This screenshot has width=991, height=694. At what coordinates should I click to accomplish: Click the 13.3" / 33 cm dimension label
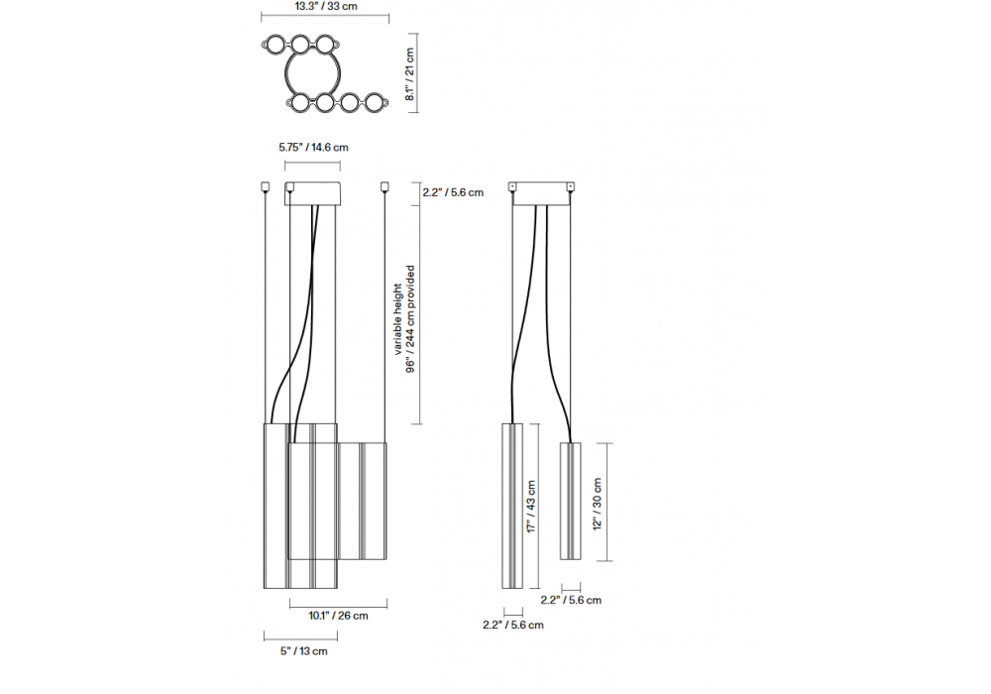pos(325,6)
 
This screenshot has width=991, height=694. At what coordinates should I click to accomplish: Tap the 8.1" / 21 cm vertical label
pos(409,74)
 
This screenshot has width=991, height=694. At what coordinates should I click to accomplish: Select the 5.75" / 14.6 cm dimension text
pos(313,148)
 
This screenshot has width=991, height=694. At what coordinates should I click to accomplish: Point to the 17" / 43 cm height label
pos(531,507)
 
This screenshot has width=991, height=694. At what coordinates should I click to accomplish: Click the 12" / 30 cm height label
pos(598,504)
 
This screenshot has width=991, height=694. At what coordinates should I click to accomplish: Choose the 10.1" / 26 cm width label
pos(338,616)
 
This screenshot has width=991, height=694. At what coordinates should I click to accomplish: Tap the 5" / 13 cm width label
pos(304,651)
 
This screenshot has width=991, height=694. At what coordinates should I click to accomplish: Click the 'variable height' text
pos(397,318)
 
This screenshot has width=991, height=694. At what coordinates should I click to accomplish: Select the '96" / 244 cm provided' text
pos(410,318)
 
